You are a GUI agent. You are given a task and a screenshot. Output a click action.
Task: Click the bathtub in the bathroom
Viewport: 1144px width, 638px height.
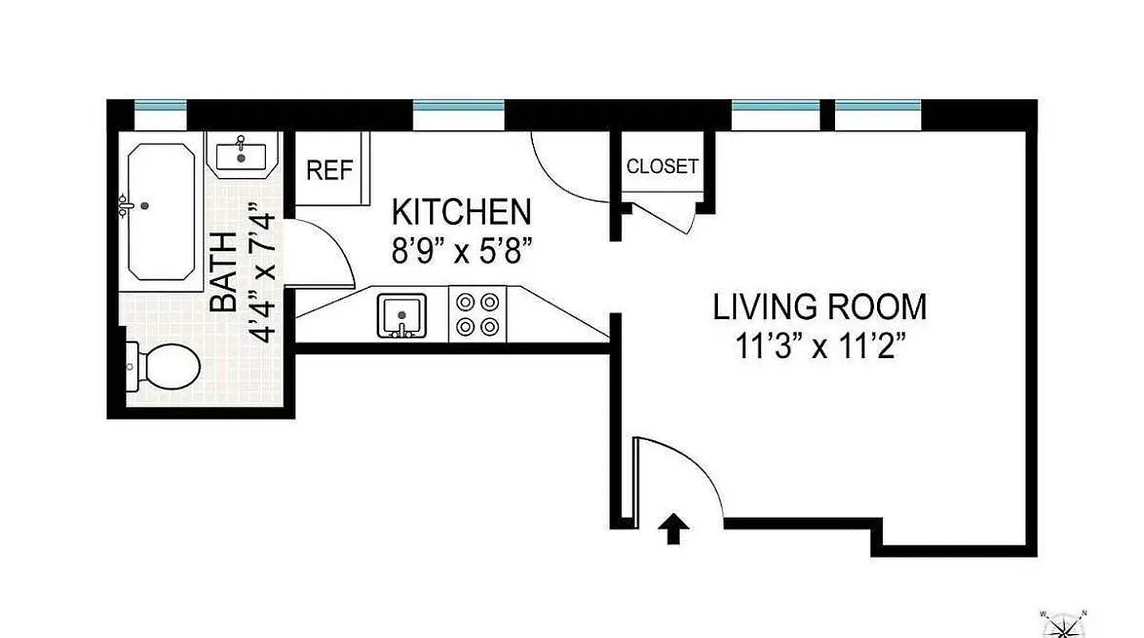(x=161, y=211)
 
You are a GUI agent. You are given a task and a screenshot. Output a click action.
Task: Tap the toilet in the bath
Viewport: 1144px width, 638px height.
(x=167, y=367)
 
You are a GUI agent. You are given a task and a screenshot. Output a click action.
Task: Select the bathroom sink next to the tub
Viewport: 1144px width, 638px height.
(x=241, y=154)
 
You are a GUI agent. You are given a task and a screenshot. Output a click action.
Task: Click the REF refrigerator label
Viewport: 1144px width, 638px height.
(x=329, y=171)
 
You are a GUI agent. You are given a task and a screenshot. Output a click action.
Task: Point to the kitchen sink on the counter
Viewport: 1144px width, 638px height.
(x=402, y=315)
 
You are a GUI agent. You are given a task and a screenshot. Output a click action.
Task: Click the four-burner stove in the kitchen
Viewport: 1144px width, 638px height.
(x=478, y=314)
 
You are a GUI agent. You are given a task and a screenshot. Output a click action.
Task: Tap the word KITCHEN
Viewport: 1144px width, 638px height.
(x=461, y=213)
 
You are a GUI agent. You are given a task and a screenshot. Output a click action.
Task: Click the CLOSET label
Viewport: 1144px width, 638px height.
(x=662, y=167)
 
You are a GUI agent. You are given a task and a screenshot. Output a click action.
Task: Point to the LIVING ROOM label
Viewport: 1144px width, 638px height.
(x=820, y=307)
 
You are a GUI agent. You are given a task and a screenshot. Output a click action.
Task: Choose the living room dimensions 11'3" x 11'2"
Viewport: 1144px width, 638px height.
(x=820, y=348)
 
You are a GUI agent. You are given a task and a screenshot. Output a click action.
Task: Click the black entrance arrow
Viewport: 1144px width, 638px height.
(x=674, y=529)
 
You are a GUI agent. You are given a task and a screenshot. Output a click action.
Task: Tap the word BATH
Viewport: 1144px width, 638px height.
(x=224, y=271)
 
